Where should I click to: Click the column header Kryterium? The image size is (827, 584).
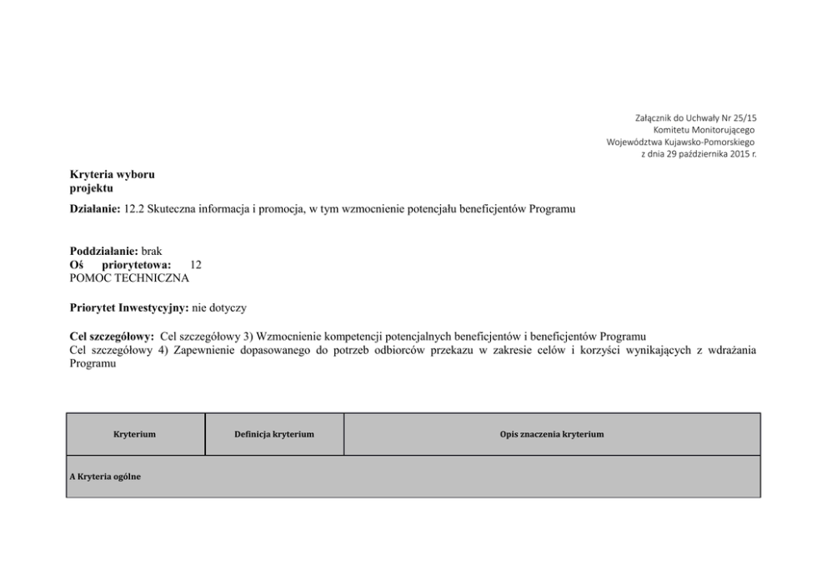pyautogui.click(x=135, y=434)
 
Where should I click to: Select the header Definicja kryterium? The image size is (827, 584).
pyautogui.click(x=274, y=434)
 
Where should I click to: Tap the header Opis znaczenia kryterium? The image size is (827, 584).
pyautogui.click(x=551, y=434)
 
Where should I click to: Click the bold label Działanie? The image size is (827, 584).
pyautogui.click(x=96, y=208)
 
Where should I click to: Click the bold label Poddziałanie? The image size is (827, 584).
pyautogui.click(x=104, y=251)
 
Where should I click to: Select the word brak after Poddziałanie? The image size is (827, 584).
pyautogui.click(x=152, y=251)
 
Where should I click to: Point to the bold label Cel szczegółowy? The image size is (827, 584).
pyautogui.click(x=112, y=337)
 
